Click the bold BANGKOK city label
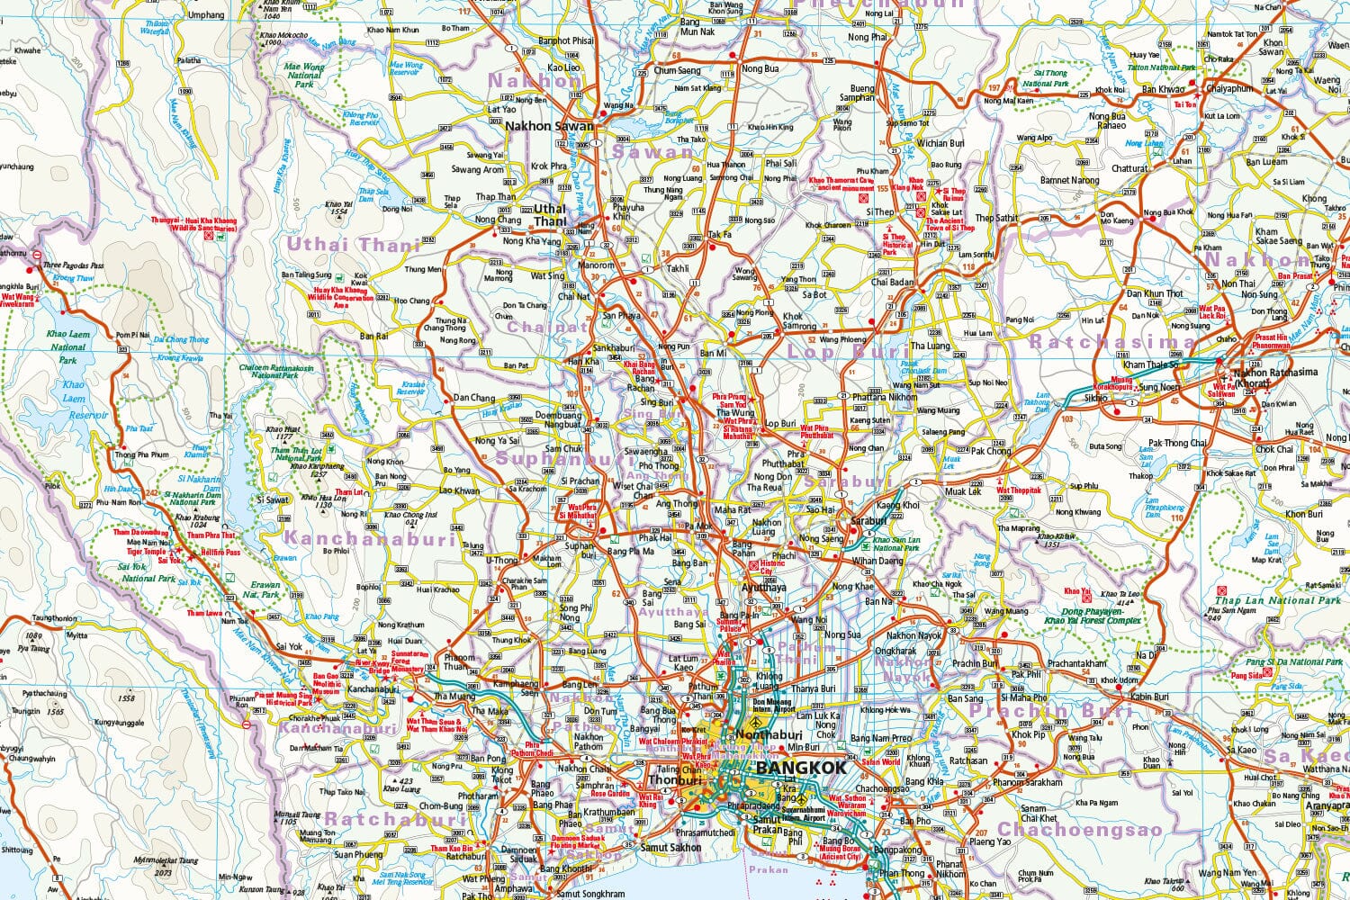(801, 768)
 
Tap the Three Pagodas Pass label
(74, 265)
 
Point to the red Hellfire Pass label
(221, 552)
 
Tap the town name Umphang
(206, 15)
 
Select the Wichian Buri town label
(940, 143)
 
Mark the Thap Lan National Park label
(1278, 600)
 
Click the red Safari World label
(880, 761)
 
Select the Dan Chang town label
(474, 398)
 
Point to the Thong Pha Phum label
(142, 455)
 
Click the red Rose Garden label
(610, 794)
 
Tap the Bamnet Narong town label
(1070, 180)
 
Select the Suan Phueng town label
(358, 855)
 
